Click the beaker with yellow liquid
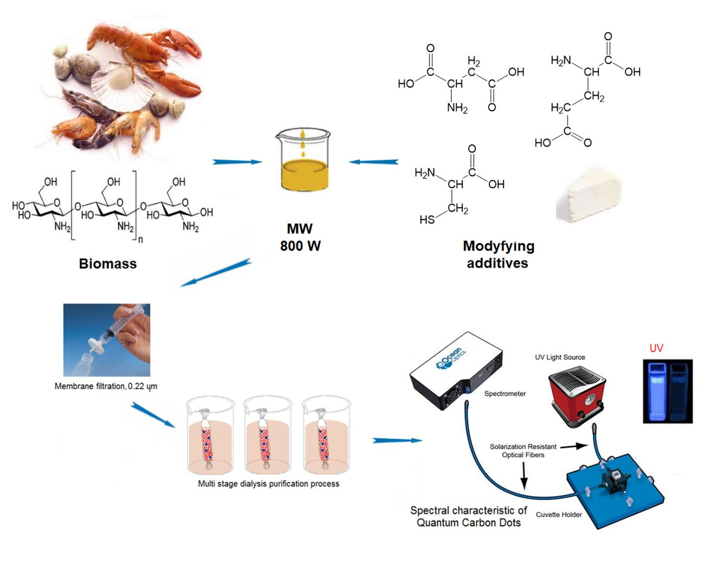coord(302,160)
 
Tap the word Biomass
coord(107,264)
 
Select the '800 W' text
coord(300,246)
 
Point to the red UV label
coord(656,348)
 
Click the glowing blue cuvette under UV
coord(656,391)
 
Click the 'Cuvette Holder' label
coord(558,515)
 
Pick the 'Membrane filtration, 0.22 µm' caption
coord(106,386)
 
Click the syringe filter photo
coord(107,340)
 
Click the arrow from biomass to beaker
coord(237,161)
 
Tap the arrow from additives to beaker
coord(373,161)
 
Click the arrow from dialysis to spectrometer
coord(397,441)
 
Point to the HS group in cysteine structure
coord(427,219)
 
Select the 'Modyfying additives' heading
coord(498,254)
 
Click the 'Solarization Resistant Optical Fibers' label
coord(522,450)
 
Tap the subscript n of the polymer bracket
coord(140,238)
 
